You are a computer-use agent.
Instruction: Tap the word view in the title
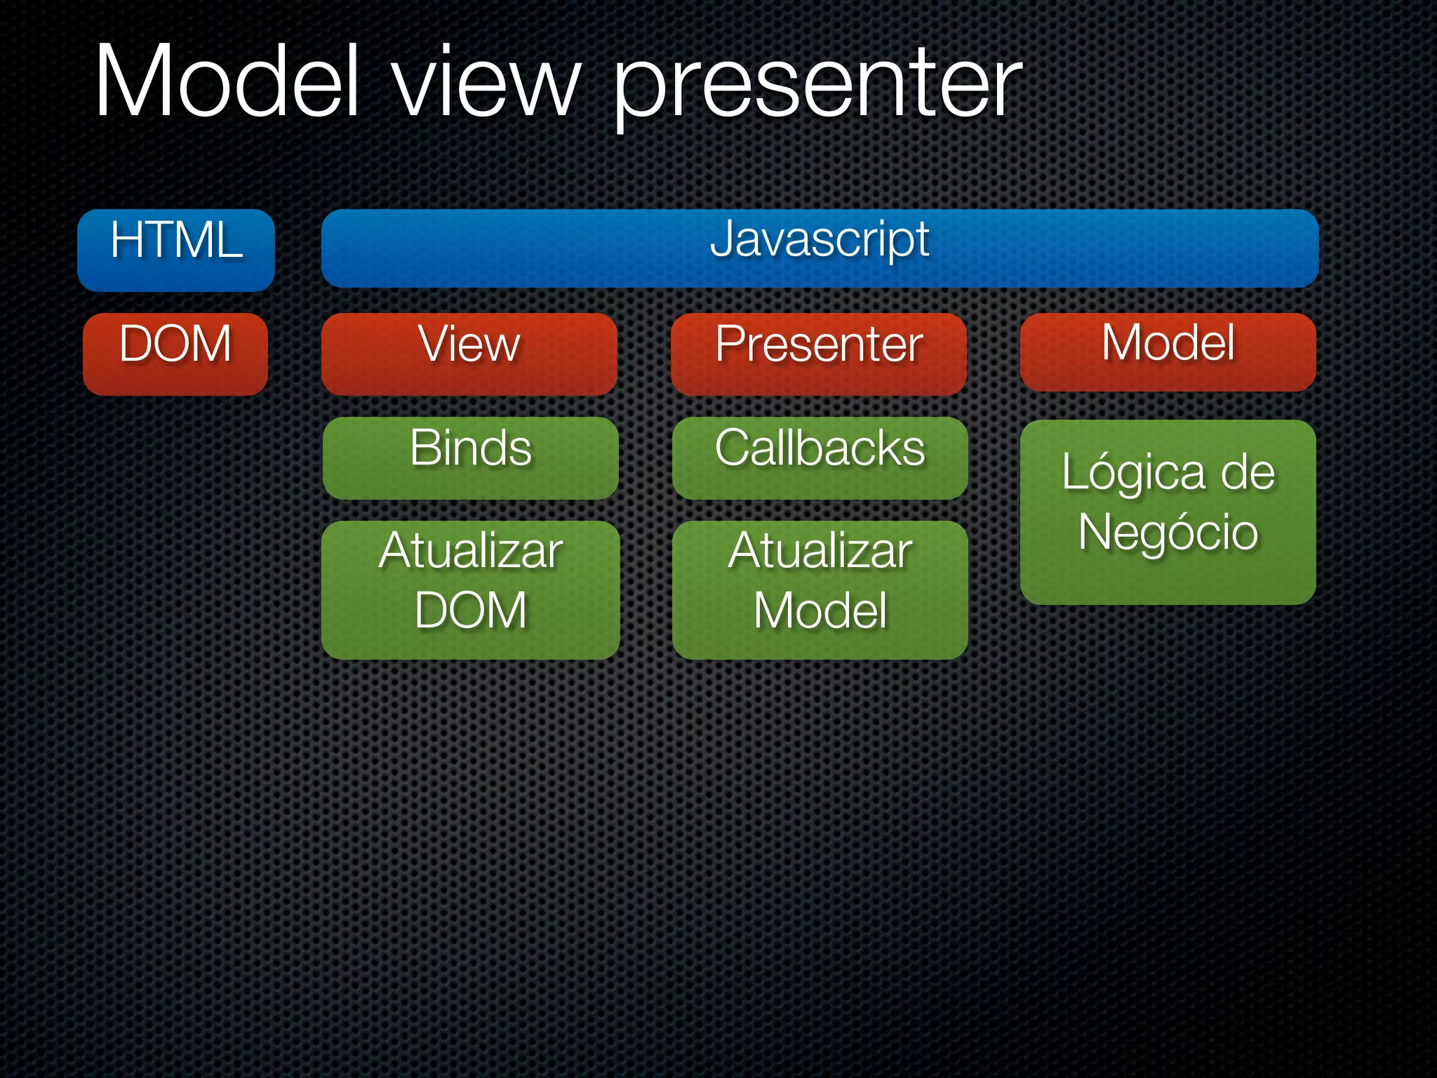486,84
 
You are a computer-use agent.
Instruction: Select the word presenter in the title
817,88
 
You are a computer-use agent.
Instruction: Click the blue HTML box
175,250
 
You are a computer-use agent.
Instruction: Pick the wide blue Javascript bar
820,248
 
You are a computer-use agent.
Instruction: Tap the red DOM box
175,354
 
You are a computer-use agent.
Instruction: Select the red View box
469,354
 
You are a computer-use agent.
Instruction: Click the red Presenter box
818,354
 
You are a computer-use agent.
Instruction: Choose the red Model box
1168,352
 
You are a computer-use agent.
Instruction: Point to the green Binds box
470,458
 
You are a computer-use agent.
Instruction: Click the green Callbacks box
820,458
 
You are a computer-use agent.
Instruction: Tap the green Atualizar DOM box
470,590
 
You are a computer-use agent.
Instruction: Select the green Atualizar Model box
820,590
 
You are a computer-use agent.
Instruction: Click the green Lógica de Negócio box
1168,512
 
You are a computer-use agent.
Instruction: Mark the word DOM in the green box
470,610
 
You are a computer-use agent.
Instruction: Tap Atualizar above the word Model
820,551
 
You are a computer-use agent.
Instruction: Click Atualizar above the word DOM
470,551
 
